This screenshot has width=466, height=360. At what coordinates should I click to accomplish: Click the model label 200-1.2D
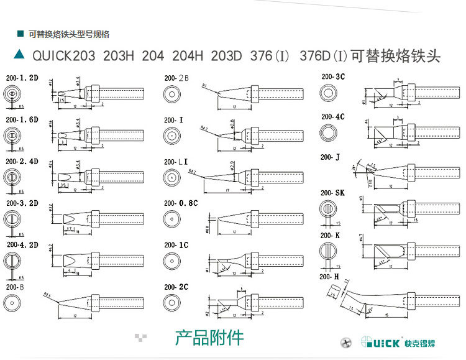22,78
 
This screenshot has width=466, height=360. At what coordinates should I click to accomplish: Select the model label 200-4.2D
22,245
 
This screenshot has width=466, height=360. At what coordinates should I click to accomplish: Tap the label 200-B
15,287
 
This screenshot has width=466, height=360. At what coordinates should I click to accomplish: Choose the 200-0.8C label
181,203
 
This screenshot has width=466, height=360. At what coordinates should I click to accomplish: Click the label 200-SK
332,193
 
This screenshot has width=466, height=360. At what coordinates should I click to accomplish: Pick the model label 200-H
329,276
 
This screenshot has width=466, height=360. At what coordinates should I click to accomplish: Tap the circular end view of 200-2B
171,94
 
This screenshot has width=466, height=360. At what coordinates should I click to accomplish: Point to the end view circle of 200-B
12,303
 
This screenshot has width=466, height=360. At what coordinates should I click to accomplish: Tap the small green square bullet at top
20,34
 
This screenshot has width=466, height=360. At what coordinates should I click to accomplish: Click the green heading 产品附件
209,338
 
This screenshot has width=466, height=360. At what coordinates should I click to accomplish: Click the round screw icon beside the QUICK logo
347,342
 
